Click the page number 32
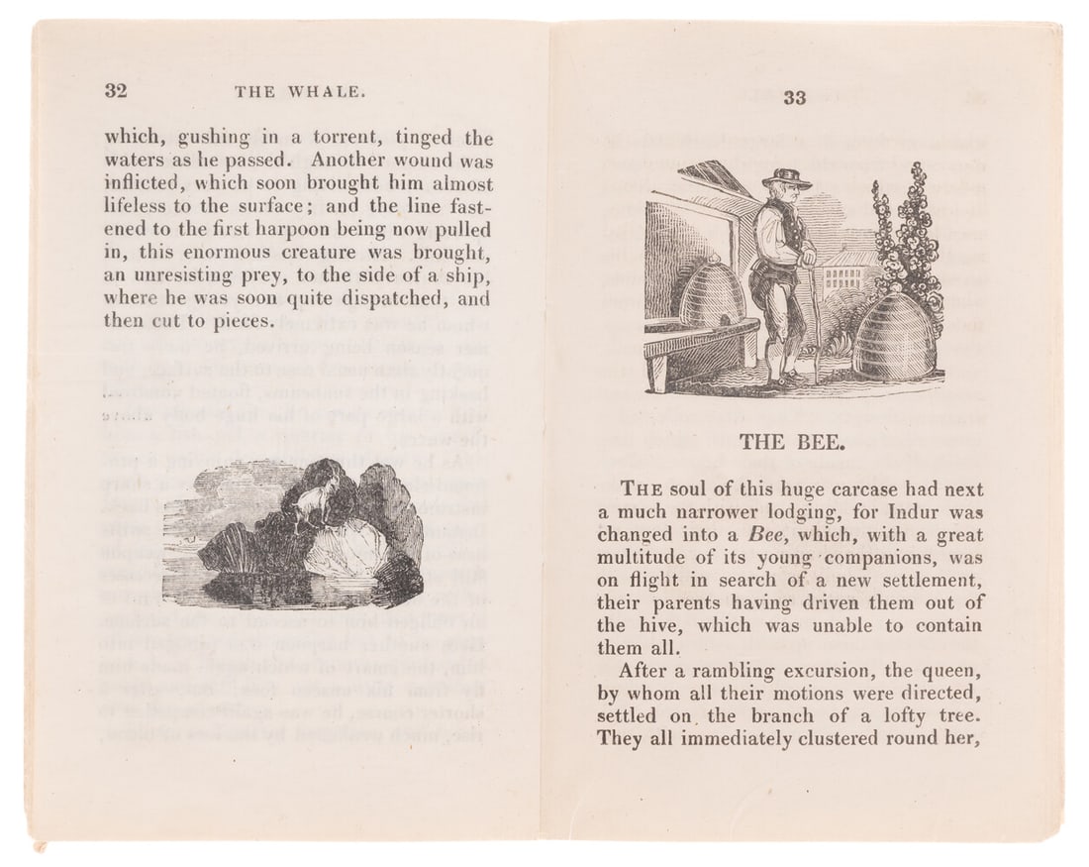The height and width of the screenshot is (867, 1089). coord(116,91)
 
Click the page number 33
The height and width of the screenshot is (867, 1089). coord(795,97)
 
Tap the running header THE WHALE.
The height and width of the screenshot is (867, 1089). coord(301,92)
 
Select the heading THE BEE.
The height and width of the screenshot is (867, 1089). coord(792,443)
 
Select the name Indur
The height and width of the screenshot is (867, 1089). coord(889,511)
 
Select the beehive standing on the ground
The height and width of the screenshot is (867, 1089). coord(896,337)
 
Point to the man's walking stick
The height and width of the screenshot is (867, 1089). coord(815,317)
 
